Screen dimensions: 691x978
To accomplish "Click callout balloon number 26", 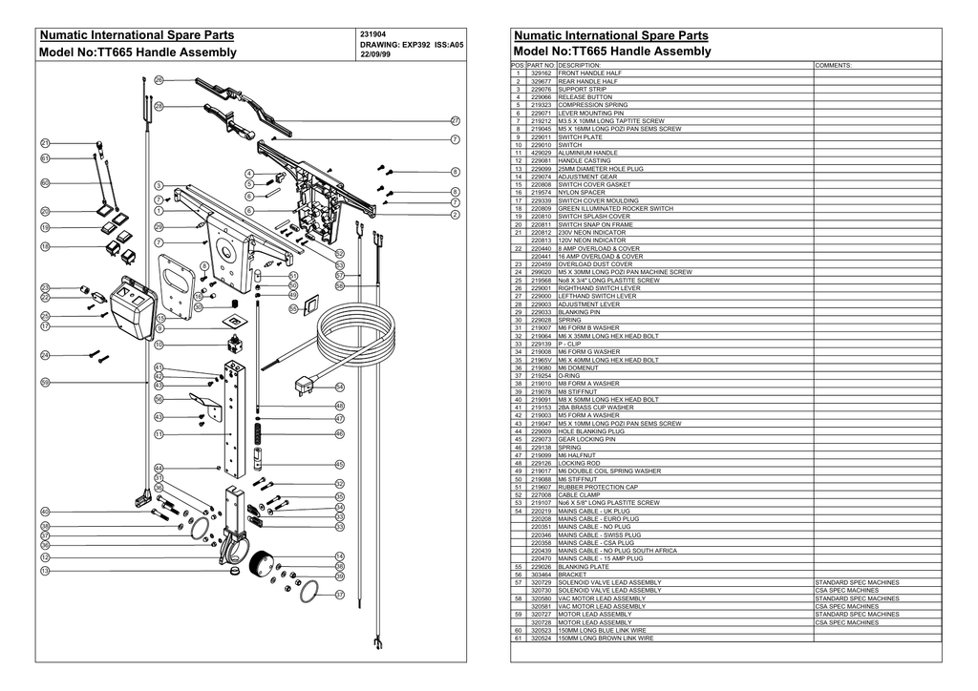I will pyautogui.click(x=159, y=79).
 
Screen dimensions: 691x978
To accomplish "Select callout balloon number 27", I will pyautogui.click(x=456, y=121).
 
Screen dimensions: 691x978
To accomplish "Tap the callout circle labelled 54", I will pyautogui.click(x=339, y=387).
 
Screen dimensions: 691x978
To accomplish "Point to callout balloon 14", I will pyautogui.click(x=339, y=555).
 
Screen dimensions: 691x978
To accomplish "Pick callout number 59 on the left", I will pyautogui.click(x=45, y=382).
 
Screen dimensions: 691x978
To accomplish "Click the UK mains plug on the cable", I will pyautogui.click(x=307, y=386).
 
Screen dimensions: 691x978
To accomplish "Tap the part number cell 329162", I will pyautogui.click(x=542, y=73).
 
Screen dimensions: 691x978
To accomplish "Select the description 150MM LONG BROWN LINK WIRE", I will pyautogui.click(x=606, y=639).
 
